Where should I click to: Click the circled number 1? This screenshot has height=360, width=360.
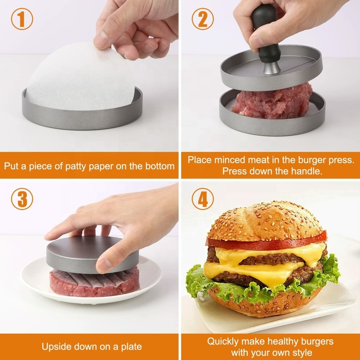[x=22, y=20]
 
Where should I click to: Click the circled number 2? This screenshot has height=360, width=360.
[x=202, y=20]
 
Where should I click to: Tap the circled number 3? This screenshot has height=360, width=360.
[x=22, y=200]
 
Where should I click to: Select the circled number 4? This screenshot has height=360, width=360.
[x=202, y=200]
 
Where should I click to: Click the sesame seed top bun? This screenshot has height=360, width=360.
[x=265, y=220]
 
